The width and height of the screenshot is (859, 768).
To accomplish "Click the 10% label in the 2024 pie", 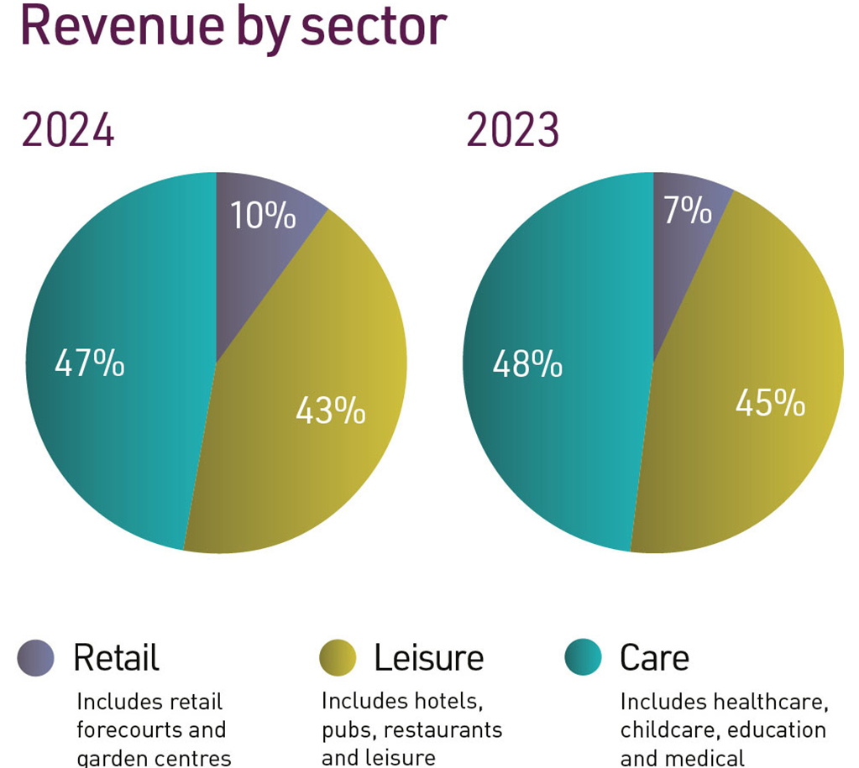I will [263, 216].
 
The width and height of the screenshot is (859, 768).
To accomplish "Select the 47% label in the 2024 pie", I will [89, 364].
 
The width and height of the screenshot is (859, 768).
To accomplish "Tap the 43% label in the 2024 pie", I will [330, 410].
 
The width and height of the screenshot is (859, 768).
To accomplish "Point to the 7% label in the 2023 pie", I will [688, 211].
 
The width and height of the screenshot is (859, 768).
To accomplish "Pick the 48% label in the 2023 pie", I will [527, 364].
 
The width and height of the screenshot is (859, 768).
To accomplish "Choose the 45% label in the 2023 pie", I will [770, 403].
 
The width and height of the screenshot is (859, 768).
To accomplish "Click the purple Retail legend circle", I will [36, 657].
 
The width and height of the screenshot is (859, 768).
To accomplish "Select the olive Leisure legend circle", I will [338, 657].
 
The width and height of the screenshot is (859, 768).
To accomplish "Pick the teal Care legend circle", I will [584, 657].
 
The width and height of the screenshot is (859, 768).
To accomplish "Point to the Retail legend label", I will [116, 657].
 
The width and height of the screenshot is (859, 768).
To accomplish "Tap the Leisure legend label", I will [428, 657].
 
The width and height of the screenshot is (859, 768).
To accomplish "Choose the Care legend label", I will [654, 657].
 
